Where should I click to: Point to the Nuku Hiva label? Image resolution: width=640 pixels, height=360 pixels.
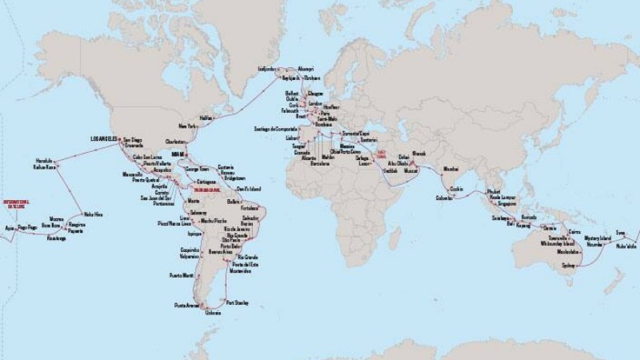click(93, 214)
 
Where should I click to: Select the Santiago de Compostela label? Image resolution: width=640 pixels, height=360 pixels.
click(274, 128)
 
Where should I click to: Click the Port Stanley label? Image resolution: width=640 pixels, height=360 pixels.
click(238, 302)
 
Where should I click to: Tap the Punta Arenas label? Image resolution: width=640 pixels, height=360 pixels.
click(187, 306)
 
